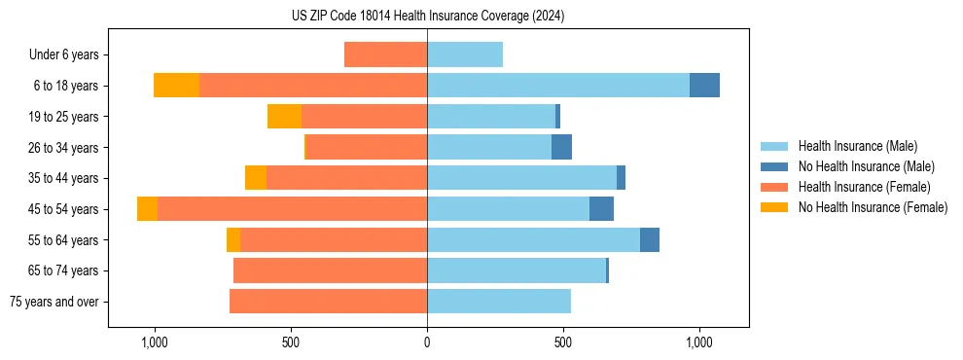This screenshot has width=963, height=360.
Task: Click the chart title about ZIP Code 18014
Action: click(428, 17)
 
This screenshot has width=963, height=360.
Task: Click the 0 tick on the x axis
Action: click(427, 342)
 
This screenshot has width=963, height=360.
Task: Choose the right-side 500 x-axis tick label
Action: click(563, 342)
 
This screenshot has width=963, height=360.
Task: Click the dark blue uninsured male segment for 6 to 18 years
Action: click(704, 86)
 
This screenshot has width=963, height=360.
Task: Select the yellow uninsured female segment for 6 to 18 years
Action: click(176, 86)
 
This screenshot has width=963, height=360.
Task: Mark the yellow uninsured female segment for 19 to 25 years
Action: click(284, 117)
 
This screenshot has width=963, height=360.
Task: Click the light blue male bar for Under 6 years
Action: click(465, 54)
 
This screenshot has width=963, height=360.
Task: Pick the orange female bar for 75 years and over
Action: click(328, 302)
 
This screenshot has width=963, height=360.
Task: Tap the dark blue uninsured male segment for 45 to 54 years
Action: click(601, 209)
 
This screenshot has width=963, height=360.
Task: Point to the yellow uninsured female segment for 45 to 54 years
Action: click(147, 209)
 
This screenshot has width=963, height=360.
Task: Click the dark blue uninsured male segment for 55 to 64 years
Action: click(650, 240)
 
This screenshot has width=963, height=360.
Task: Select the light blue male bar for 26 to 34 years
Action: click(489, 147)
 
